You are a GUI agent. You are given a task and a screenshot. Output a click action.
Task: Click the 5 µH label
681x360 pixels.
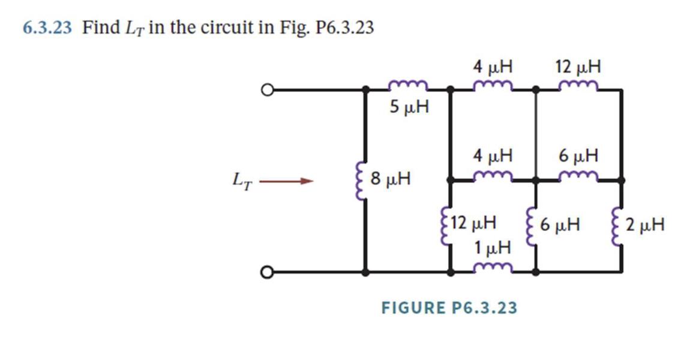(x=409, y=107)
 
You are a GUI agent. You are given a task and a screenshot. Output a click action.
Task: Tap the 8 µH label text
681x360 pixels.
(x=391, y=178)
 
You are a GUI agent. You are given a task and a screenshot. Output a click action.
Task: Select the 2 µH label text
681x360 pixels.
(x=644, y=226)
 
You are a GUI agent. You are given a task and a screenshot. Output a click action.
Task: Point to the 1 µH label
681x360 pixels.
(x=492, y=247)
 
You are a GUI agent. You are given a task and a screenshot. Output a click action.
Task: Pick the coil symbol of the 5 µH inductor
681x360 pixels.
(x=409, y=86)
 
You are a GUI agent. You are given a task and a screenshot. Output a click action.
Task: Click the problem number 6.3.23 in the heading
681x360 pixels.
(x=47, y=28)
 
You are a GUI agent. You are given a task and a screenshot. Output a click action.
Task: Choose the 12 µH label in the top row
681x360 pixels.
(x=578, y=66)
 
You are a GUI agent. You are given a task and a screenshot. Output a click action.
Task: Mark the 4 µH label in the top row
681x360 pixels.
(x=493, y=66)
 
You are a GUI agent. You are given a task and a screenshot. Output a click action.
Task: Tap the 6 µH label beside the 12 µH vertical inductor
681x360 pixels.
(x=559, y=226)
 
